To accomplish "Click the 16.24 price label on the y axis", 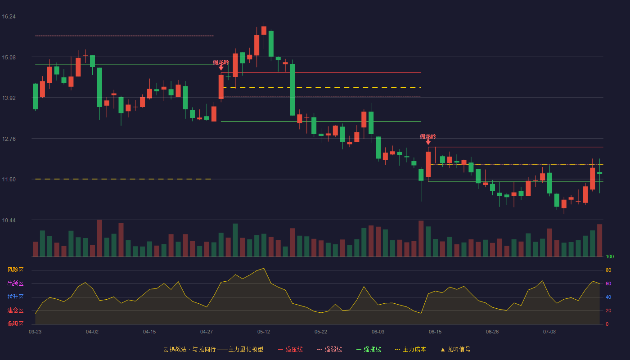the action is tap(9, 17).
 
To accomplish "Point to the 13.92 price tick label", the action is tap(9, 98).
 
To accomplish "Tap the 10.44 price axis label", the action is tap(9, 220).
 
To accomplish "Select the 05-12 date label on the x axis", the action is tap(264, 332).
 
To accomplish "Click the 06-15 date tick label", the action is tap(435, 332).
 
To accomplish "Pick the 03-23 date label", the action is tap(35, 332).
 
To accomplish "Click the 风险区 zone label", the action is tap(15, 270).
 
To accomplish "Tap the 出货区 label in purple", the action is tap(15, 283).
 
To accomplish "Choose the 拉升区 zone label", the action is tap(15, 297).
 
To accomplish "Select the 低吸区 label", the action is tap(15, 324).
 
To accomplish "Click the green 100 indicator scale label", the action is tap(610, 257).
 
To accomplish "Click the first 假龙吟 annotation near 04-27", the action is tap(221, 63).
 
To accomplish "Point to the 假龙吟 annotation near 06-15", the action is tap(428, 137).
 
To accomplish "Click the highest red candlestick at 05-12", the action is tap(264, 31).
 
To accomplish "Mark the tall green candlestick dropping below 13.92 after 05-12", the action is tap(292, 90).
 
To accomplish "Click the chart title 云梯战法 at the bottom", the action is tap(175, 350).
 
